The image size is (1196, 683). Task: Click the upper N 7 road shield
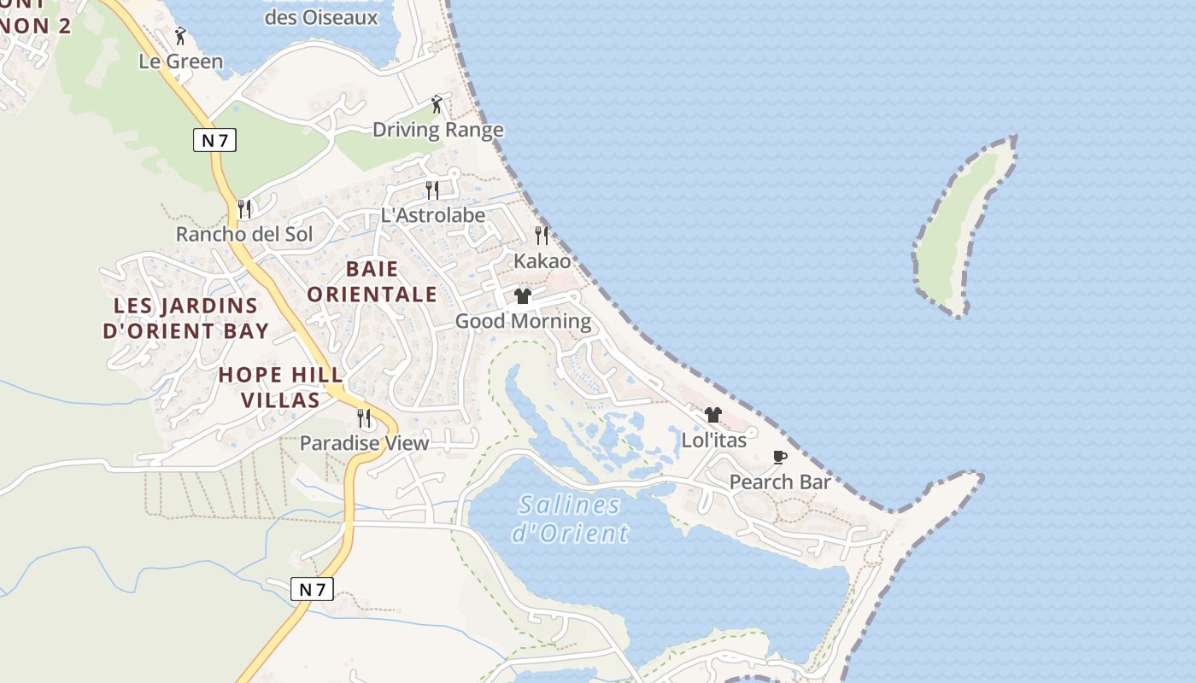214,140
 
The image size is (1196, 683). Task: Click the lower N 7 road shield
312,588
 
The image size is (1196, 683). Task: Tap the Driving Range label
437,130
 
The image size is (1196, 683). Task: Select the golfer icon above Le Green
179,37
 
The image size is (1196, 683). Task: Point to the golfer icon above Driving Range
437,105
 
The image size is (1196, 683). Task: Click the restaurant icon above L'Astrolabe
432,190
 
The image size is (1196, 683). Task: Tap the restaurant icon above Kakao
542,235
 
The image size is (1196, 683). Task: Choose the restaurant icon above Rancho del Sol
244,208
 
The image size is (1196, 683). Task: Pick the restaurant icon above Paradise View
364,418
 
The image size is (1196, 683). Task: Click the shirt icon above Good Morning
523,296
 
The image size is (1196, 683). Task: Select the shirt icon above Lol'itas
713,415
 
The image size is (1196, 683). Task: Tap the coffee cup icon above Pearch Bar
779,457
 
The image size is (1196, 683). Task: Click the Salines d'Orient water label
570,519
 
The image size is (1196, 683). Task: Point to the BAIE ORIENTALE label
372,282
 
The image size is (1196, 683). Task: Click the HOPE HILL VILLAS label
281,387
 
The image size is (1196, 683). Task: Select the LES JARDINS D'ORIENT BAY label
186,318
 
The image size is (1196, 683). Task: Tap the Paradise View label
364,443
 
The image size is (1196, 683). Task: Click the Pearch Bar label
779,482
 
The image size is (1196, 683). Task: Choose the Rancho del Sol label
244,234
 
